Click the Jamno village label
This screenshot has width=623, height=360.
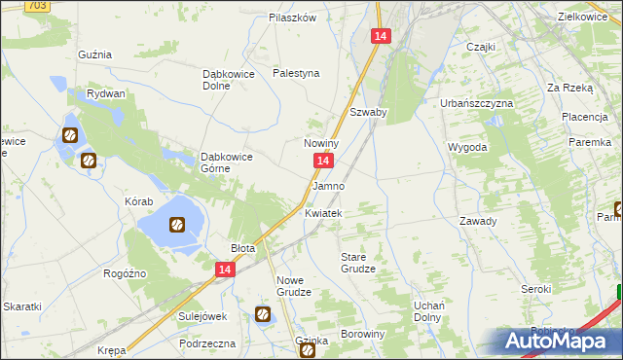[328, 185]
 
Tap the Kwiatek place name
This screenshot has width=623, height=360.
[323, 213]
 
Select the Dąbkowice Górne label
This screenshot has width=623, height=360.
[227, 162]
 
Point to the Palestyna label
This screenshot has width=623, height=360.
[296, 73]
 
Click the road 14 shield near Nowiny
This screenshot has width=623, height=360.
[326, 162]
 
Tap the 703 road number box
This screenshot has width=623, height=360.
[37, 6]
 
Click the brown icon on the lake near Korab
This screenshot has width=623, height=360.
[177, 226]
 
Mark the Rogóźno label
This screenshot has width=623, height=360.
[125, 273]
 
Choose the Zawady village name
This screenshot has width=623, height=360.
[478, 221]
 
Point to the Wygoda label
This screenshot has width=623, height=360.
[466, 147]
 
